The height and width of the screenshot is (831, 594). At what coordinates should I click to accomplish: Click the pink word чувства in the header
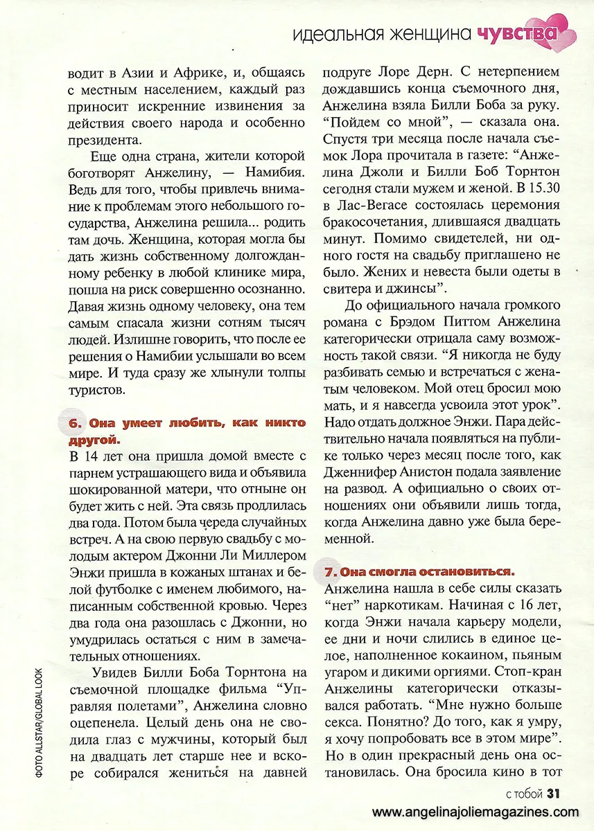(x=517, y=33)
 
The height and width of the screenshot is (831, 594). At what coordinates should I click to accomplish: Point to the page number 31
(x=553, y=792)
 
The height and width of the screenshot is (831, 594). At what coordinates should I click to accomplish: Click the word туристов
(x=96, y=390)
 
